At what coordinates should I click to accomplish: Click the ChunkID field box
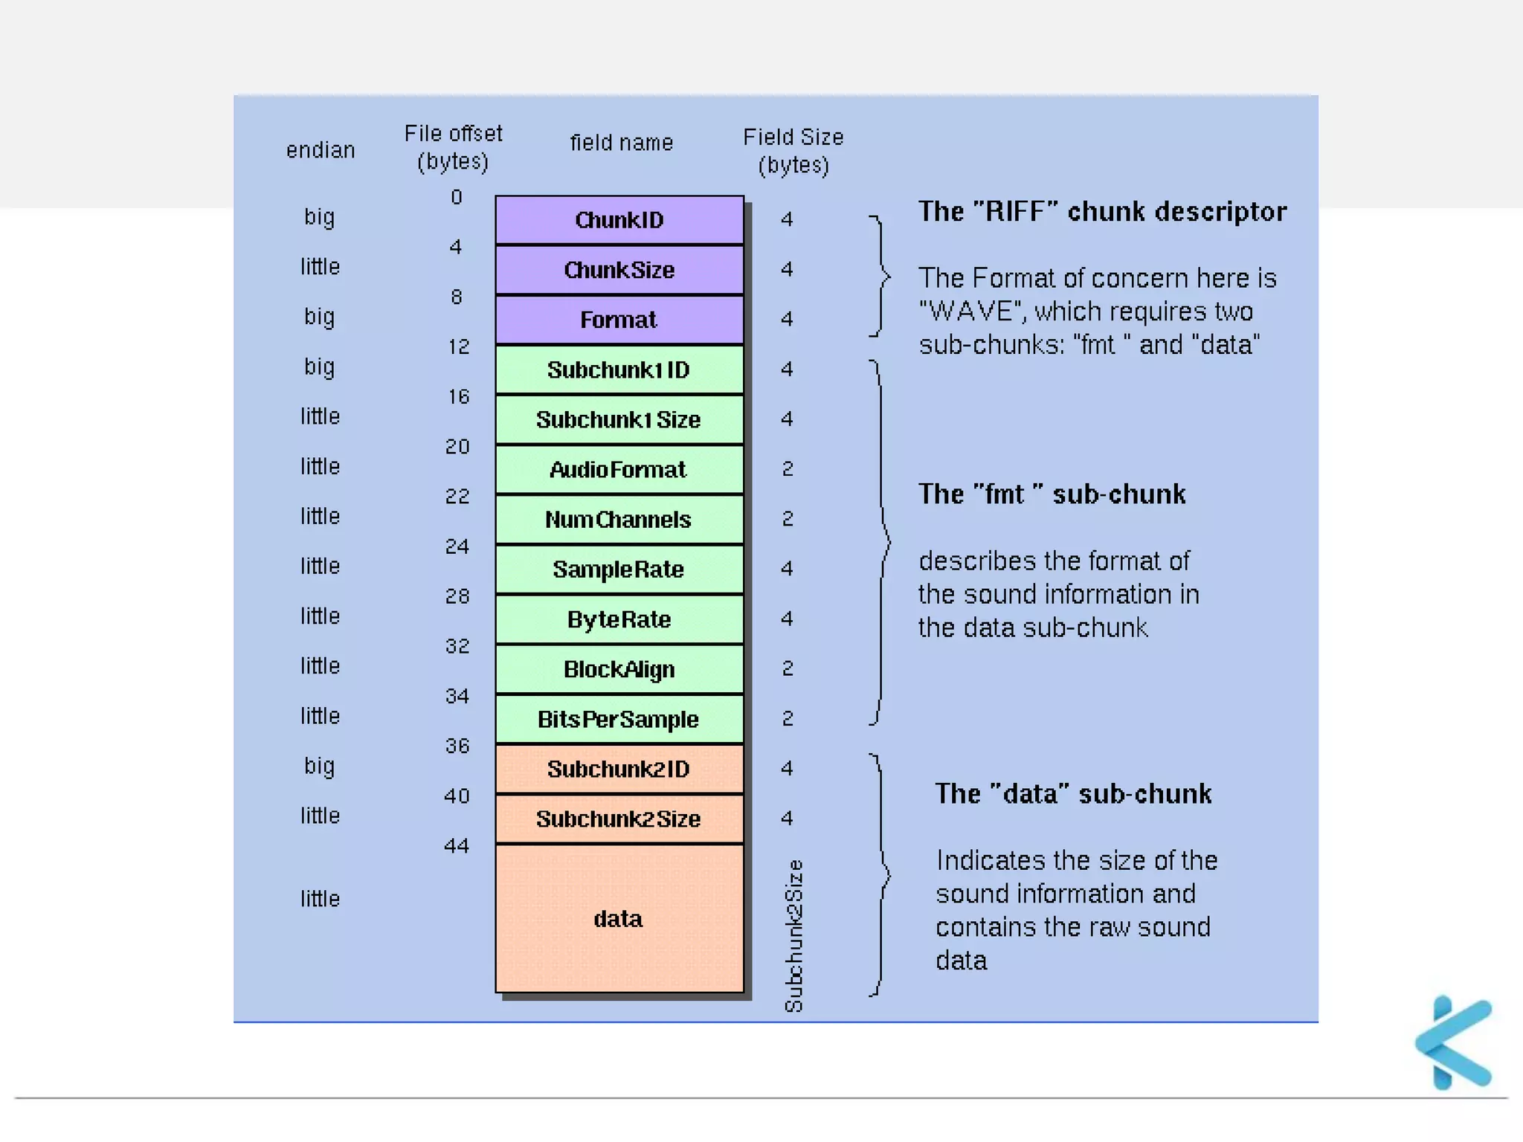(x=619, y=220)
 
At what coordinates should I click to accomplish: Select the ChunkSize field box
(x=619, y=270)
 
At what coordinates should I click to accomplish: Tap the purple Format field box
(x=619, y=320)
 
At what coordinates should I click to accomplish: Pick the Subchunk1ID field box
(x=619, y=370)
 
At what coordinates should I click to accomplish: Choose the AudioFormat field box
(x=619, y=469)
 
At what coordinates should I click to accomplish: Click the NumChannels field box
(x=619, y=519)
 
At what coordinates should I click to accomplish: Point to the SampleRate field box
(x=619, y=570)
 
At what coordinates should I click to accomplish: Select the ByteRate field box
(x=619, y=619)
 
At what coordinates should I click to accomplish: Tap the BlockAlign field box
(x=619, y=669)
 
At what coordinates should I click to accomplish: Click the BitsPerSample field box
(x=619, y=719)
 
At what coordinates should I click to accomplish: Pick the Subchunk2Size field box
(x=619, y=819)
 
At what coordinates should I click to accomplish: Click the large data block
(x=619, y=919)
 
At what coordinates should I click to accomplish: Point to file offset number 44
(x=457, y=846)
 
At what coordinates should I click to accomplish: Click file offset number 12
(x=459, y=346)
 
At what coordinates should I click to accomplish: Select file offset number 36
(x=457, y=746)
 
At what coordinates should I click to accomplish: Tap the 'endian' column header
(x=321, y=150)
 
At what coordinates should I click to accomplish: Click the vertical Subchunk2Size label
(x=794, y=935)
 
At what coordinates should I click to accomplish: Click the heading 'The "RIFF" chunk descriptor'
(x=1102, y=212)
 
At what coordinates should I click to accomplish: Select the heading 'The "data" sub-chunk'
(x=1073, y=794)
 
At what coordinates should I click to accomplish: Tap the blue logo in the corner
(x=1455, y=1042)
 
